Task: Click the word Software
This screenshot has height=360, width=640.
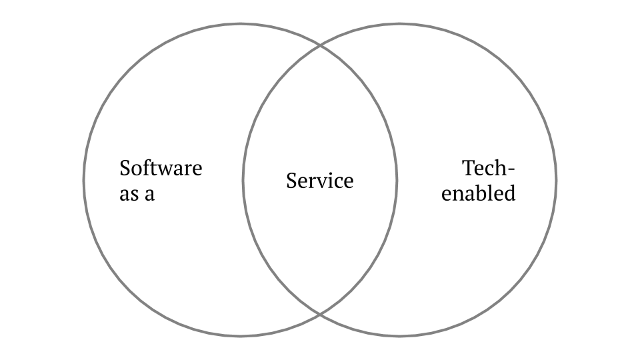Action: (161, 168)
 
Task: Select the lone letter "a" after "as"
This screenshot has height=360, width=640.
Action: (149, 195)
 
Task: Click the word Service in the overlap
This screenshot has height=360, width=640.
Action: (320, 181)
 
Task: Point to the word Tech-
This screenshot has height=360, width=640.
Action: (489, 168)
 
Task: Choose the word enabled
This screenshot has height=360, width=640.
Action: (479, 194)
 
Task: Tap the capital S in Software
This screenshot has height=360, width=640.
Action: (125, 168)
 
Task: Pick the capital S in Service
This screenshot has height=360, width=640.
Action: (291, 181)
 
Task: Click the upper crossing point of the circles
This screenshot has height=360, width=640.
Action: (320, 47)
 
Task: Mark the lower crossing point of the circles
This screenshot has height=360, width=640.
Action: (320, 313)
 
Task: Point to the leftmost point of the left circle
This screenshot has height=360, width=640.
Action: (84, 180)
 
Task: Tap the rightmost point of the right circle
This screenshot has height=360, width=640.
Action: (556, 180)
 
